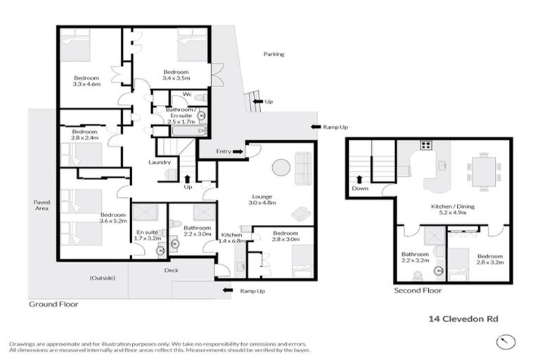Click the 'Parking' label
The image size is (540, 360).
pyautogui.click(x=274, y=53)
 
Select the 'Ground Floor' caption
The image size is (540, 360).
pyautogui.click(x=53, y=304)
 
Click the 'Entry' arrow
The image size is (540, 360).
pyautogui.click(x=238, y=150)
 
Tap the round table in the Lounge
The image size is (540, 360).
pyautogui.click(x=281, y=167)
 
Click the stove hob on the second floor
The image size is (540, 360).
pyautogui.click(x=425, y=146)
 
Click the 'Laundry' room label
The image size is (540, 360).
pyautogui.click(x=160, y=162)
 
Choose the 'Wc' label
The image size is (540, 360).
pyautogui.click(x=187, y=94)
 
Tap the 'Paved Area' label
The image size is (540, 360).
pyautogui.click(x=41, y=205)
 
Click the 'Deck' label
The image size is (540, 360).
pyautogui.click(x=170, y=269)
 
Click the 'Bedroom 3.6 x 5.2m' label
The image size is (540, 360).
pyautogui.click(x=112, y=218)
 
